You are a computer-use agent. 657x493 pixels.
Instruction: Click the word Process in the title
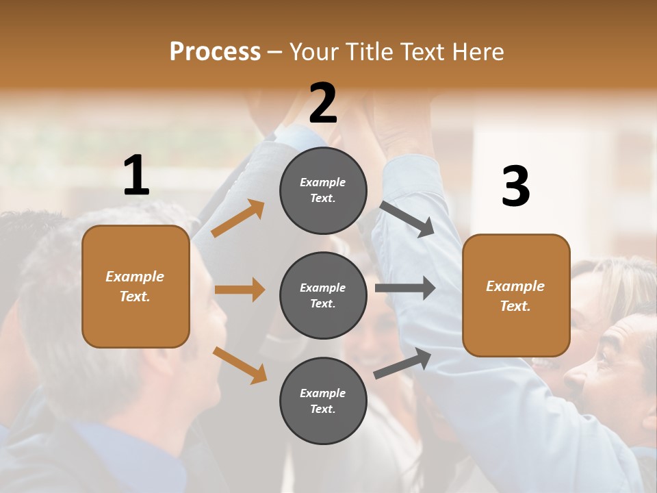tap(215, 51)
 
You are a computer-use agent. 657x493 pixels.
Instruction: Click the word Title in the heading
tap(368, 51)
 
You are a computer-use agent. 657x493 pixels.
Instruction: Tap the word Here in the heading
tap(477, 51)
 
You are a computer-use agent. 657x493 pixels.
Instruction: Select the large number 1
tap(136, 176)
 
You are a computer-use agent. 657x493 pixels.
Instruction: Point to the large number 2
tap(323, 103)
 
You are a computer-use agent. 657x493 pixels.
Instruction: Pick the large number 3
tap(515, 187)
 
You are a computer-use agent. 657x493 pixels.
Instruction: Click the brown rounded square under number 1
tap(136, 286)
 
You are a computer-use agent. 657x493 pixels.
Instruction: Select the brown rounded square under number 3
tap(516, 295)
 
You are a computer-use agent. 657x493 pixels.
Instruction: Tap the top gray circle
tap(323, 190)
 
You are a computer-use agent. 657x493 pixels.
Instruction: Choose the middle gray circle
tap(323, 295)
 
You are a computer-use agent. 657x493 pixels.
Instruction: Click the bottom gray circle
tap(323, 401)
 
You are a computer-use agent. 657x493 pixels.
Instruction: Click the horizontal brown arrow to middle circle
tap(240, 290)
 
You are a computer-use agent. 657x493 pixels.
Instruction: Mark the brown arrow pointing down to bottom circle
tap(240, 364)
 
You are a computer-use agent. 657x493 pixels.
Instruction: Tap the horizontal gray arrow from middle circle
tap(405, 288)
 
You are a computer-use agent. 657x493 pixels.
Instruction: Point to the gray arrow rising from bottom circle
tap(403, 363)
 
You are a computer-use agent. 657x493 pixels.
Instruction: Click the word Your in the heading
tap(311, 51)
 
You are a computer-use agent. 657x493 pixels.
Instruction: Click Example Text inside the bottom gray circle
tap(323, 401)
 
